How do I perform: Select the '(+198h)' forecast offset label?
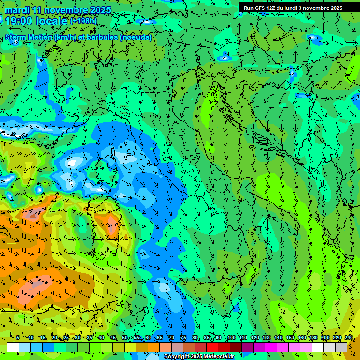click(83, 21)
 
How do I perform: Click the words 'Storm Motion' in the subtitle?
click(28, 37)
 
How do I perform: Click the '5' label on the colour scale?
click(17, 338)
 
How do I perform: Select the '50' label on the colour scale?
click(125, 338)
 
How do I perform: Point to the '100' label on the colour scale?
click(231, 338)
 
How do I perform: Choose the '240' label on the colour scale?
click(349, 338)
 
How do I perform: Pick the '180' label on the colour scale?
click(314, 338)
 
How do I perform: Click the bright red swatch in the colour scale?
click(212, 347)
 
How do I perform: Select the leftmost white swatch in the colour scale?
click(13, 347)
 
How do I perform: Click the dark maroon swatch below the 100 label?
click(236, 347)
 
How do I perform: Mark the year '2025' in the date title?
click(101, 10)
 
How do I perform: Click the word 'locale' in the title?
click(52, 21)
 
